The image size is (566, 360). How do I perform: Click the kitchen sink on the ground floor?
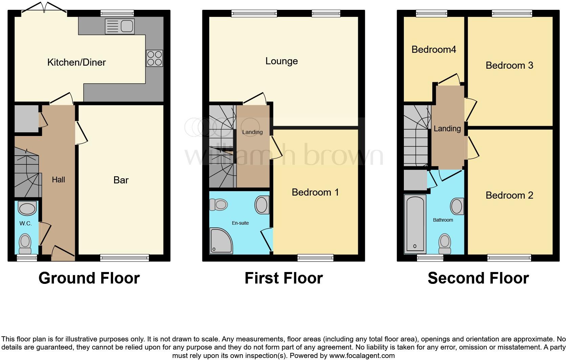[120, 26]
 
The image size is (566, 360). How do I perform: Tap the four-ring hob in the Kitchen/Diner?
[154, 58]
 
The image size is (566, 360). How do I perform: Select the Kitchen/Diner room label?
[77, 62]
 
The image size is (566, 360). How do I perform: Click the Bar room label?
[121, 180]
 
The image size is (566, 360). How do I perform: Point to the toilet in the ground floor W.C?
[25, 243]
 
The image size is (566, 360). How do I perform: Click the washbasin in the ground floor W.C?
[27, 208]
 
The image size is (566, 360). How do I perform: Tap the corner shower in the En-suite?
[221, 241]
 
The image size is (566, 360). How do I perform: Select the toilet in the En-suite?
[218, 204]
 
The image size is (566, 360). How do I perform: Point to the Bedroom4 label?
[434, 50]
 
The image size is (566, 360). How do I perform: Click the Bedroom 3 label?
[509, 65]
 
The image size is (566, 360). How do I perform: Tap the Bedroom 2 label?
[509, 195]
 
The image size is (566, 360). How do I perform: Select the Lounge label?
[281, 61]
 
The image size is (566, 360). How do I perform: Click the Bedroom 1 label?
[315, 192]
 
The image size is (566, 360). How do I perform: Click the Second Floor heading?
[478, 278]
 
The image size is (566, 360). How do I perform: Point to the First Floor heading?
[283, 278]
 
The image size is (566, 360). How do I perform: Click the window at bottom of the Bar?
[124, 258]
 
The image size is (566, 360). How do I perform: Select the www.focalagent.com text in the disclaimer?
[362, 356]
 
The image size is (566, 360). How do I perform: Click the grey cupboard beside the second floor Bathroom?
[415, 180]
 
